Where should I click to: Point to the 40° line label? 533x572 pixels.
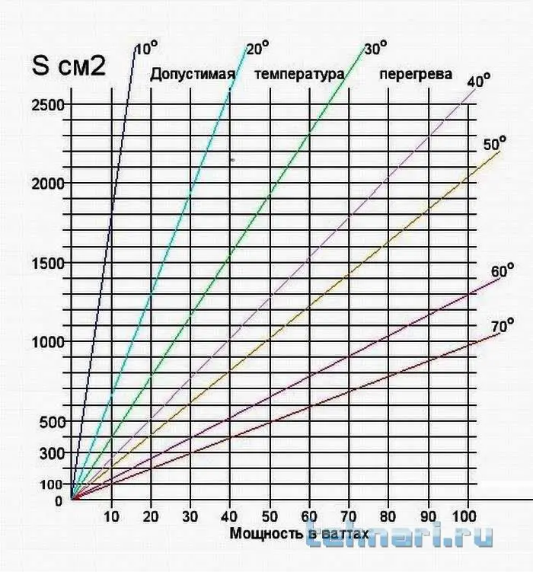click(x=478, y=80)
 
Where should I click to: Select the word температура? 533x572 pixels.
click(x=299, y=75)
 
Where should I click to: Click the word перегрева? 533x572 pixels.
click(x=415, y=75)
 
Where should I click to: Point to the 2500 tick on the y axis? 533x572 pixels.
click(x=47, y=104)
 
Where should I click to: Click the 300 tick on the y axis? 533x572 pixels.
click(x=52, y=453)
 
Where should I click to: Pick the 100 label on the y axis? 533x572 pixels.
click(x=52, y=484)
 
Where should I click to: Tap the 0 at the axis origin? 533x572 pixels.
click(x=59, y=500)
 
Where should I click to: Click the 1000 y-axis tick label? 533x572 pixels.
click(x=47, y=342)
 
